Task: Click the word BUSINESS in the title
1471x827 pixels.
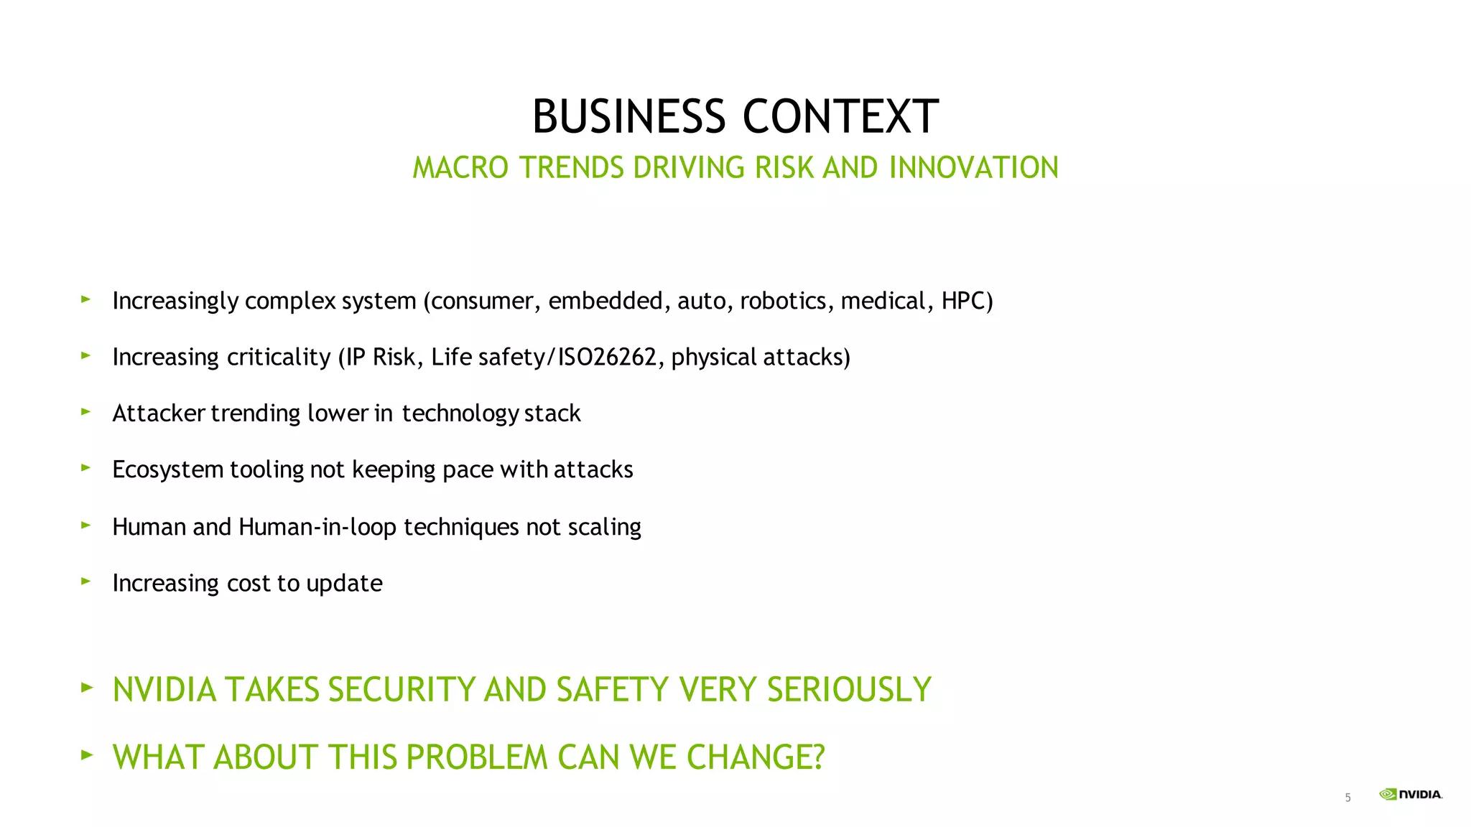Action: [628, 116]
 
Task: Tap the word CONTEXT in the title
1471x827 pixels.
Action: [840, 116]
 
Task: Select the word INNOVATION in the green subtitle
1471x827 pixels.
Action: [973, 167]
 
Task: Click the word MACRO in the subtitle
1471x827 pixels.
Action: [460, 167]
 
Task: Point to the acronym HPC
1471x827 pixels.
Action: [967, 300]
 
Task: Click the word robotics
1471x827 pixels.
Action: [786, 300]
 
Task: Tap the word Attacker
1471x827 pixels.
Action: [159, 413]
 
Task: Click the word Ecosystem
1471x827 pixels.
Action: [168, 469]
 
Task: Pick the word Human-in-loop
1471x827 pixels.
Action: [317, 527]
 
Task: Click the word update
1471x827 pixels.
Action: [344, 583]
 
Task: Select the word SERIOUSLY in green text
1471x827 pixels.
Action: [849, 689]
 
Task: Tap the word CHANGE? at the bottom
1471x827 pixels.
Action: [756, 757]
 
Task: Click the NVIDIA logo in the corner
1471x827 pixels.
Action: [1410, 794]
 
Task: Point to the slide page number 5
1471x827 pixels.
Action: [1347, 798]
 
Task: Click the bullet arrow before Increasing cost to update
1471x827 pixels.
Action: [86, 581]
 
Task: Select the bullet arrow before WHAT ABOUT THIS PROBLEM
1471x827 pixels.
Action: [87, 754]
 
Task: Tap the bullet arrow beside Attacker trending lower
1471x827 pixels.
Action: [86, 411]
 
